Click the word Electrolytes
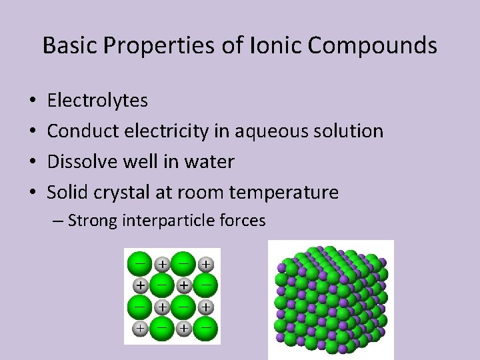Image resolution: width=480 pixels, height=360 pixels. point(98,101)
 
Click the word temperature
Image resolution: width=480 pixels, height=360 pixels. point(283,193)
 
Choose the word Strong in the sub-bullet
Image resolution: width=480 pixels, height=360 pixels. point(93,221)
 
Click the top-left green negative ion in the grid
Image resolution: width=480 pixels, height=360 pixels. point(139,262)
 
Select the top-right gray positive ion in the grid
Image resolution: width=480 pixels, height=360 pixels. point(207,265)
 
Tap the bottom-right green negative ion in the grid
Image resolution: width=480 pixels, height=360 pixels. point(207,329)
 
